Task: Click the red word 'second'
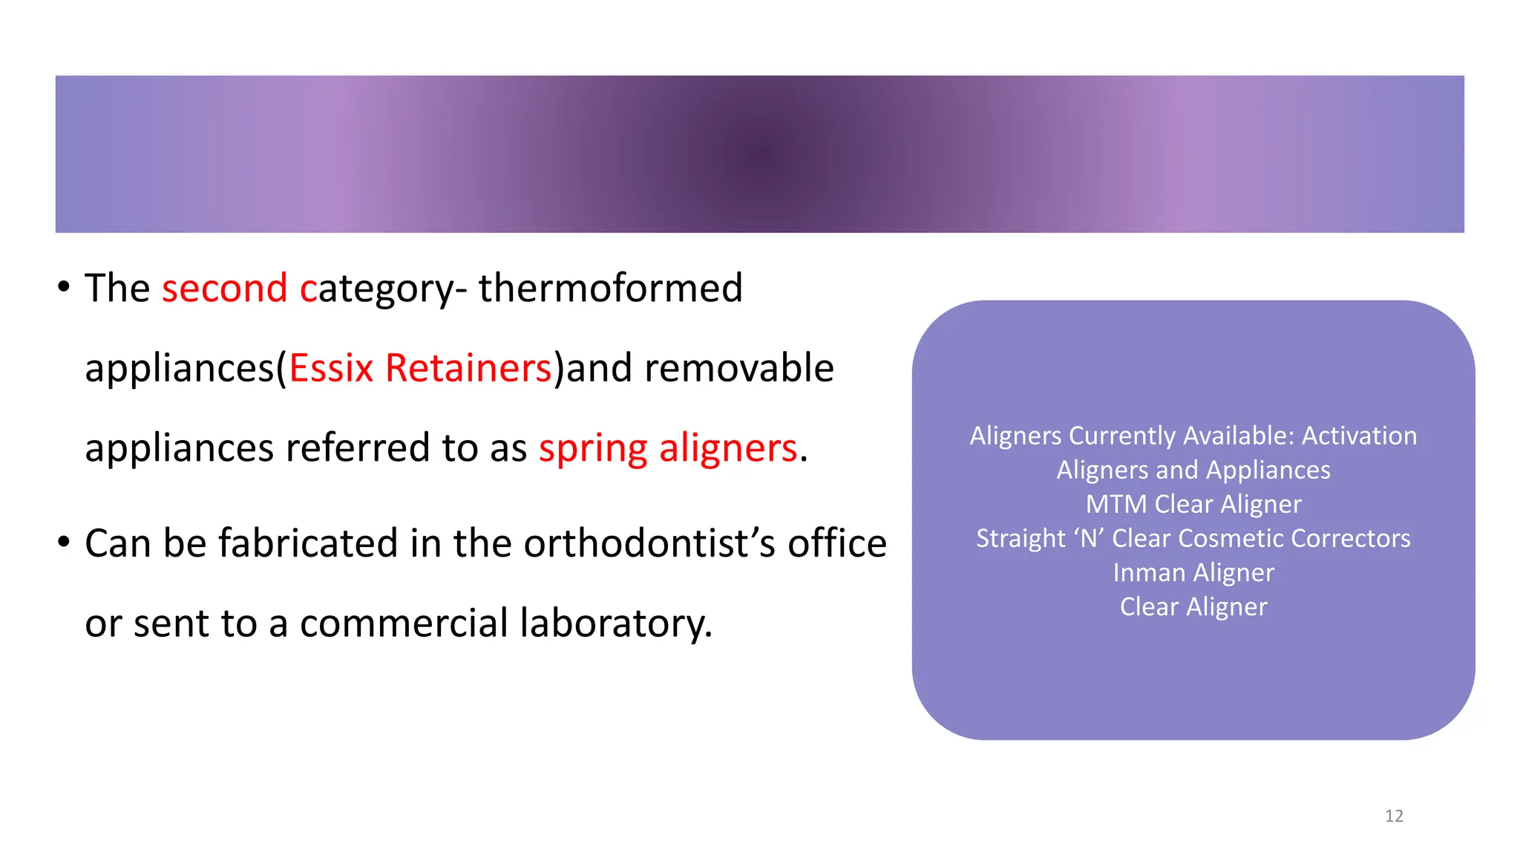point(224,288)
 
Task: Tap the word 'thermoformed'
point(610,288)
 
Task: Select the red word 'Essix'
point(331,368)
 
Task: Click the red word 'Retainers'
point(468,368)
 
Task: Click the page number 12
point(1394,816)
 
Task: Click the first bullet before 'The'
point(64,286)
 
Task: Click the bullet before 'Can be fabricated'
point(64,542)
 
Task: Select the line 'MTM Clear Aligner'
point(1193,505)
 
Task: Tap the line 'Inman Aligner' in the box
point(1193,573)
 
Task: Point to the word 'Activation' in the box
point(1359,436)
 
